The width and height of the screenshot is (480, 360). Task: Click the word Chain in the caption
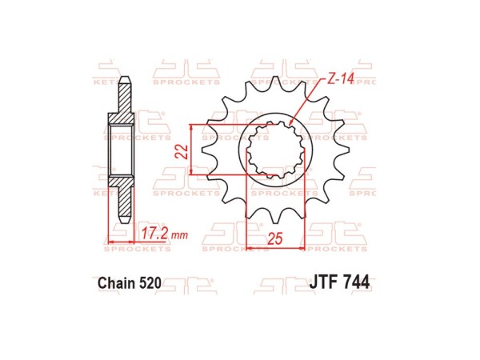pos(118,282)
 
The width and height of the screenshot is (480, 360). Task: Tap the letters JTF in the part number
pos(323,282)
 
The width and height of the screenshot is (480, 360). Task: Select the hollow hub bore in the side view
pos(122,149)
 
